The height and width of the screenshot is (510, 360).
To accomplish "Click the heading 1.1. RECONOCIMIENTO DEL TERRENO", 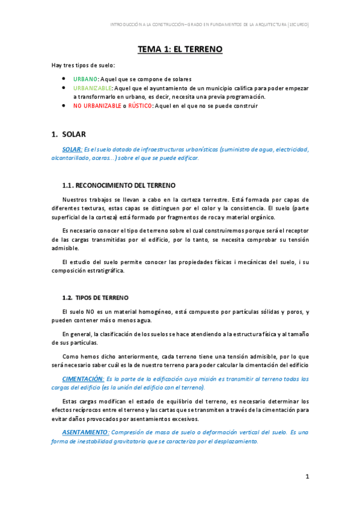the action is point(119,184).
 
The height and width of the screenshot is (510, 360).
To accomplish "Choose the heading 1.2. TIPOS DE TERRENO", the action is point(95,298).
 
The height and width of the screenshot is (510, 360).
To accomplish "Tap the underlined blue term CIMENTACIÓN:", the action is point(82,379).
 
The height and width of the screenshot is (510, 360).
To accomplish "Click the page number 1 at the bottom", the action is point(307,477).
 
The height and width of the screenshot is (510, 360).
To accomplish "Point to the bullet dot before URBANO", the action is point(64,79).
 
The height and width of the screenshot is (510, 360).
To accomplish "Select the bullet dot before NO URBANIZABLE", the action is point(64,106).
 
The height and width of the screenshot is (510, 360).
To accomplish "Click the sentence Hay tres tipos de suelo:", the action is point(83,65).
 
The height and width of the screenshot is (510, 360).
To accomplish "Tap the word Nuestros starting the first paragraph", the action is point(77,200).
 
